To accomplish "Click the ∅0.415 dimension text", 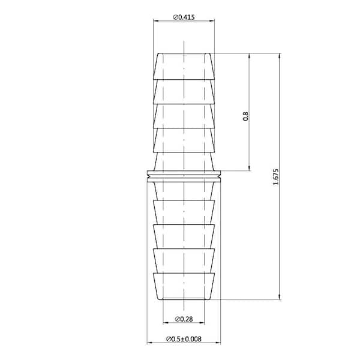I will click(x=187, y=17).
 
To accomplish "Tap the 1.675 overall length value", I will click(x=275, y=176).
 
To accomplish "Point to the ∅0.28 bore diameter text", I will click(x=184, y=318).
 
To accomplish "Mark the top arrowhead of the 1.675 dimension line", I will click(x=280, y=55).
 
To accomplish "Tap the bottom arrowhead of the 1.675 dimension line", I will click(x=280, y=296).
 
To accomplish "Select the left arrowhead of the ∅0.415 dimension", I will click(x=156, y=22).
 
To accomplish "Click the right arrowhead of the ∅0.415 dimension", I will click(x=212, y=22).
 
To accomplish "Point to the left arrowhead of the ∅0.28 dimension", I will click(x=166, y=323).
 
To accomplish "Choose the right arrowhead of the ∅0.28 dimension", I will click(x=202, y=323).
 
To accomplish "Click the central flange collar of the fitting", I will click(x=184, y=176).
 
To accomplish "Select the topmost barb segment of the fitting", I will click(x=184, y=66).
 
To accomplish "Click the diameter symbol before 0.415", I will click(x=175, y=17).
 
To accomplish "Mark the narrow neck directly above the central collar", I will click(x=184, y=162).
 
